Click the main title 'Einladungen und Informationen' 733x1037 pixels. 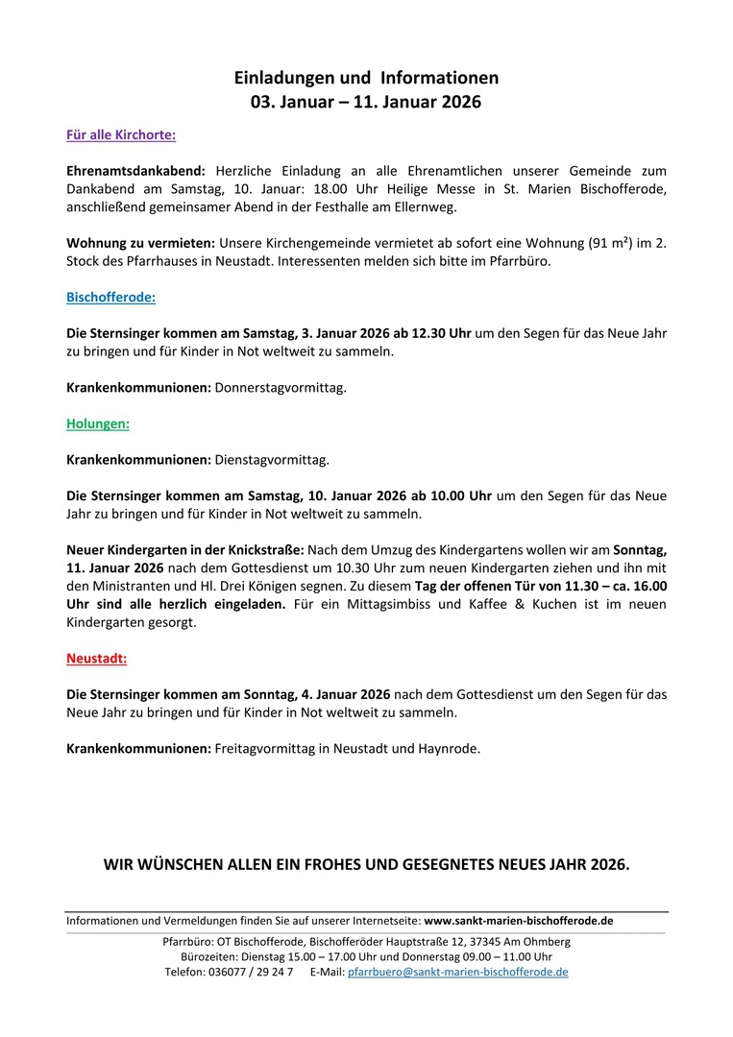[366, 78]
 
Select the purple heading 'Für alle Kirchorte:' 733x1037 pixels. [121, 135]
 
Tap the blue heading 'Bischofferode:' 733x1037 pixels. [110, 298]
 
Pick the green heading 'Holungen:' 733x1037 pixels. [98, 422]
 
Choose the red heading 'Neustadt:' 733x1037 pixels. [96, 659]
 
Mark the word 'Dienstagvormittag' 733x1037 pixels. [272, 459]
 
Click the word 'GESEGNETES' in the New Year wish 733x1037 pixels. [446, 864]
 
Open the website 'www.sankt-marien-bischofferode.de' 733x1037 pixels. [518, 920]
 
